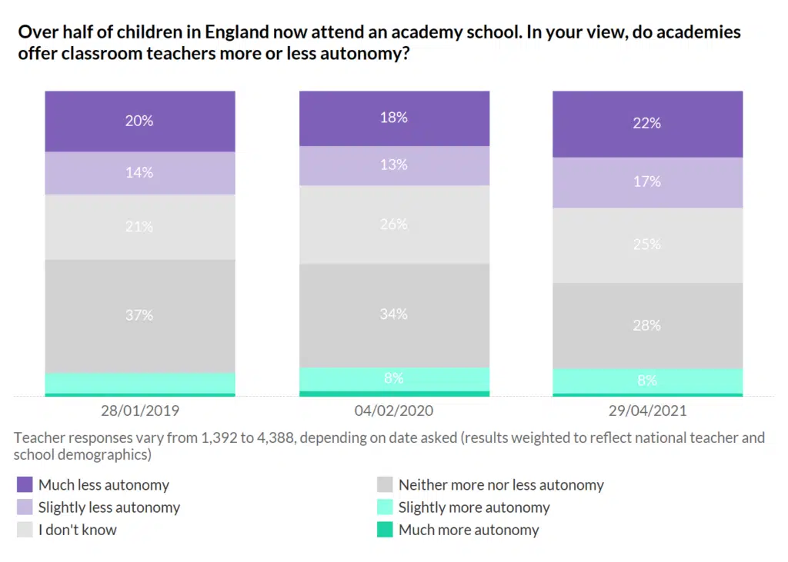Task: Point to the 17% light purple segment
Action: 646,182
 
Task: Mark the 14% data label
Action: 139,173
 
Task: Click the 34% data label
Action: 393,314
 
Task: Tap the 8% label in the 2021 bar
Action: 646,381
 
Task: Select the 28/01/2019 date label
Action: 139,411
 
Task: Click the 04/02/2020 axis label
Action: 393,411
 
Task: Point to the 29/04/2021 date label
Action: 646,411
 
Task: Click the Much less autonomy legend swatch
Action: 25,484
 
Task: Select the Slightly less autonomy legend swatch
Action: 25,507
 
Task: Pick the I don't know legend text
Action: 78,530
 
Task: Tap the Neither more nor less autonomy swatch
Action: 385,484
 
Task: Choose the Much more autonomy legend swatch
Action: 385,530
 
